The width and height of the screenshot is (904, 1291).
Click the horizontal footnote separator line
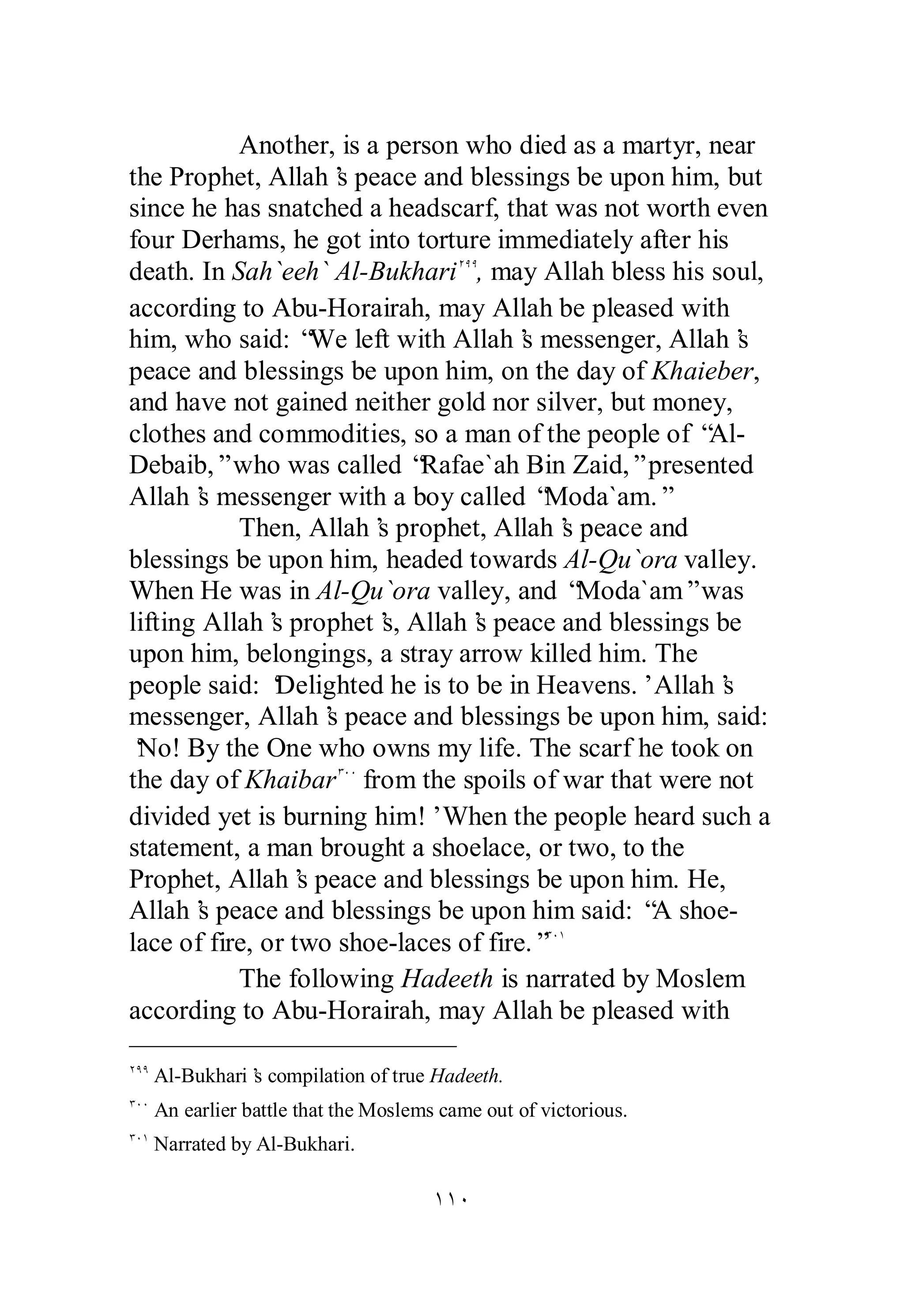pyautogui.click(x=292, y=1047)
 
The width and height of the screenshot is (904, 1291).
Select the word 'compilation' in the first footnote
pyautogui.click(x=318, y=1076)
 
